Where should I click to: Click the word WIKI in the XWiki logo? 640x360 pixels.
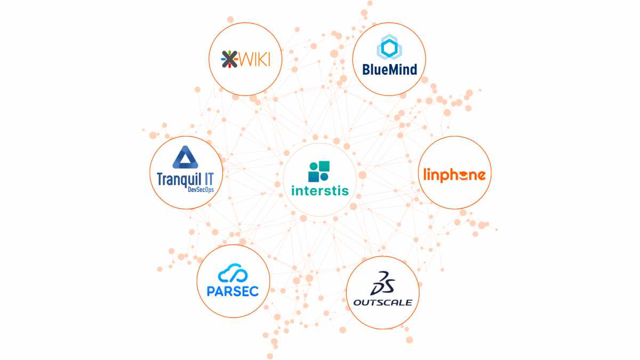[x=254, y=60]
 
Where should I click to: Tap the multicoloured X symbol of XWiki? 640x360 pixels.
[x=229, y=59]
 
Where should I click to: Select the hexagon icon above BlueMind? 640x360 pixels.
[x=389, y=47]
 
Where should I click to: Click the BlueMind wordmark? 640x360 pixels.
[x=390, y=69]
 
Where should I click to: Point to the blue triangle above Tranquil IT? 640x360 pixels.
[x=186, y=157]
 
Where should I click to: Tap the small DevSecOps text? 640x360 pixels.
[x=201, y=189]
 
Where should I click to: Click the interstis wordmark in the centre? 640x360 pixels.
[x=320, y=190]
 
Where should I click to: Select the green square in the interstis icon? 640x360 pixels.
[x=324, y=166]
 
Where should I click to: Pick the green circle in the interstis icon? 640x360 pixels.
[x=314, y=166]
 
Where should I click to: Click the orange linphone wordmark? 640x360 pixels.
[x=454, y=174]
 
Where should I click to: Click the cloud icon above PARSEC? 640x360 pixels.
[x=233, y=273]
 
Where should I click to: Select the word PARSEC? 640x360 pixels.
[x=233, y=291]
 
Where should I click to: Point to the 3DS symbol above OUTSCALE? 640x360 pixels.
[x=382, y=283]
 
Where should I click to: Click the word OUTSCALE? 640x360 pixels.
[x=383, y=302]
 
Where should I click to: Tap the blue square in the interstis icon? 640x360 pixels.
[x=314, y=177]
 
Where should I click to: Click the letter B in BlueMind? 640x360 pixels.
[x=366, y=69]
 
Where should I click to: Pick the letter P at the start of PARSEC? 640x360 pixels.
[x=211, y=291]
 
